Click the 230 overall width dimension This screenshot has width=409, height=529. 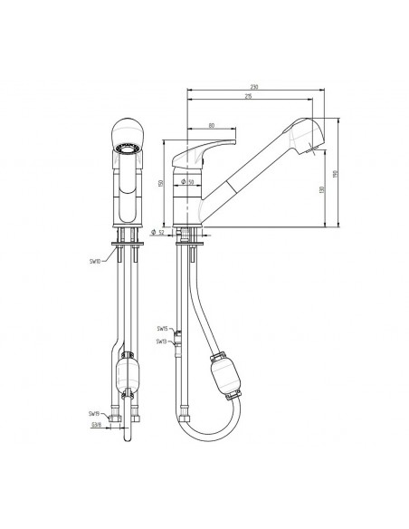(255, 87)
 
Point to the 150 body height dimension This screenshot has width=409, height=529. (160, 184)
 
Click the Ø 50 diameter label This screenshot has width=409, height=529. (189, 184)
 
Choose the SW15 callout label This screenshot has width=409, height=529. (161, 329)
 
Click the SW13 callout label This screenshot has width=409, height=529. (161, 341)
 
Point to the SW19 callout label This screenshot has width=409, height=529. (94, 413)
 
